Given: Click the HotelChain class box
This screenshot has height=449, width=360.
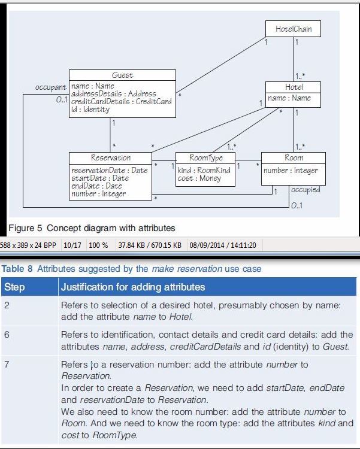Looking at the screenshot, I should (x=294, y=28).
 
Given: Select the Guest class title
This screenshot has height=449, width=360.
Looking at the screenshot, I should (x=122, y=75).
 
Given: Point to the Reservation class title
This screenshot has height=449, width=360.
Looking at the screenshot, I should (x=110, y=158).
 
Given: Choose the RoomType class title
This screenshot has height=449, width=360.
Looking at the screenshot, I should (x=205, y=158).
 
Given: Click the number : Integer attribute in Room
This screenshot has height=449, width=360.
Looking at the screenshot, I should (x=291, y=171).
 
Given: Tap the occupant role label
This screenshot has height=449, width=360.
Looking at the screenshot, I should (x=50, y=87).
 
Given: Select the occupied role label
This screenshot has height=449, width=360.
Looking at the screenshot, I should (x=305, y=190).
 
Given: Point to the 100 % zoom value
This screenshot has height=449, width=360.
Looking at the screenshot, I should (x=98, y=245).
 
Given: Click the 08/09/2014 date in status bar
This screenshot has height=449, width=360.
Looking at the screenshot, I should (x=205, y=245).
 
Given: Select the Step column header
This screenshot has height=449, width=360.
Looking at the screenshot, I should (x=14, y=287).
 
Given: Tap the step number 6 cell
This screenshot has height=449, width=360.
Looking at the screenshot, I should (x=7, y=334).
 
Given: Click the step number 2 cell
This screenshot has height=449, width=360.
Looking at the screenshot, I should (x=7, y=305).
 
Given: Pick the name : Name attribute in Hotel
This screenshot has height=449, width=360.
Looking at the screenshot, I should (x=289, y=98).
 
